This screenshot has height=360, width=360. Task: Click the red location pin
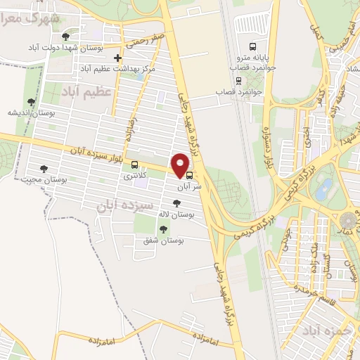tap(181, 165)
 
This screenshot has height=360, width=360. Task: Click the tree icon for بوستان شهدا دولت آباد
tap(65, 36)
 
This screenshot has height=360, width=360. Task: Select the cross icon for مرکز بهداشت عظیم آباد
tap(117, 58)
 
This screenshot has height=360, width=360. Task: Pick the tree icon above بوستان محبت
tap(45, 169)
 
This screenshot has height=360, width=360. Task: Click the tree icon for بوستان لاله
tap(166, 203)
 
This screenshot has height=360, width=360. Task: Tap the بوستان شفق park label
tap(163, 241)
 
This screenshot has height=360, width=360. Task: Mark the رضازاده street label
tap(129, 127)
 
